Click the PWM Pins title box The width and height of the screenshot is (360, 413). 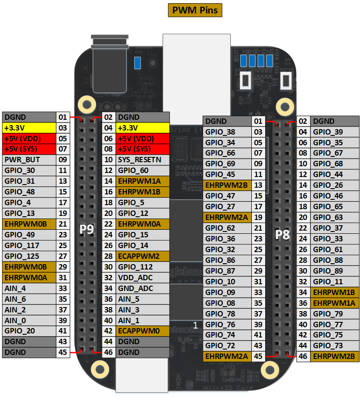[195, 10]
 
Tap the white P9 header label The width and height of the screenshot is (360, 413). [87, 229]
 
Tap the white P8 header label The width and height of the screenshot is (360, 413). [282, 234]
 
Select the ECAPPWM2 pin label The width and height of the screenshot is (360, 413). [143, 256]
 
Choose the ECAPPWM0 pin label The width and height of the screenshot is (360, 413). [143, 331]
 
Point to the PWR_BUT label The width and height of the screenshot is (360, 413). [29, 160]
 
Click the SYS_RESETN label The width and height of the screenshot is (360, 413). [143, 160]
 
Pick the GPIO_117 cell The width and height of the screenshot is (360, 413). [29, 245]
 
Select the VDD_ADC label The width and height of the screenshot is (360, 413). [143, 278]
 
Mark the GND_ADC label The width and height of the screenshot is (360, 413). [143, 288]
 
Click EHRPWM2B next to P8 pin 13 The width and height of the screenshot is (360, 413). [226, 185]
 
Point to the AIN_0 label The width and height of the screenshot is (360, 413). [29, 320]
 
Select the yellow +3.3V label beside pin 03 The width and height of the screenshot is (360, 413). [29, 127]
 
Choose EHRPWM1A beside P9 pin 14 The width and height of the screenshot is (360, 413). [143, 181]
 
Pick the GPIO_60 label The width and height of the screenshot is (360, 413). [143, 170]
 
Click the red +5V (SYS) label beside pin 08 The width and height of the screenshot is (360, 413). [143, 149]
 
